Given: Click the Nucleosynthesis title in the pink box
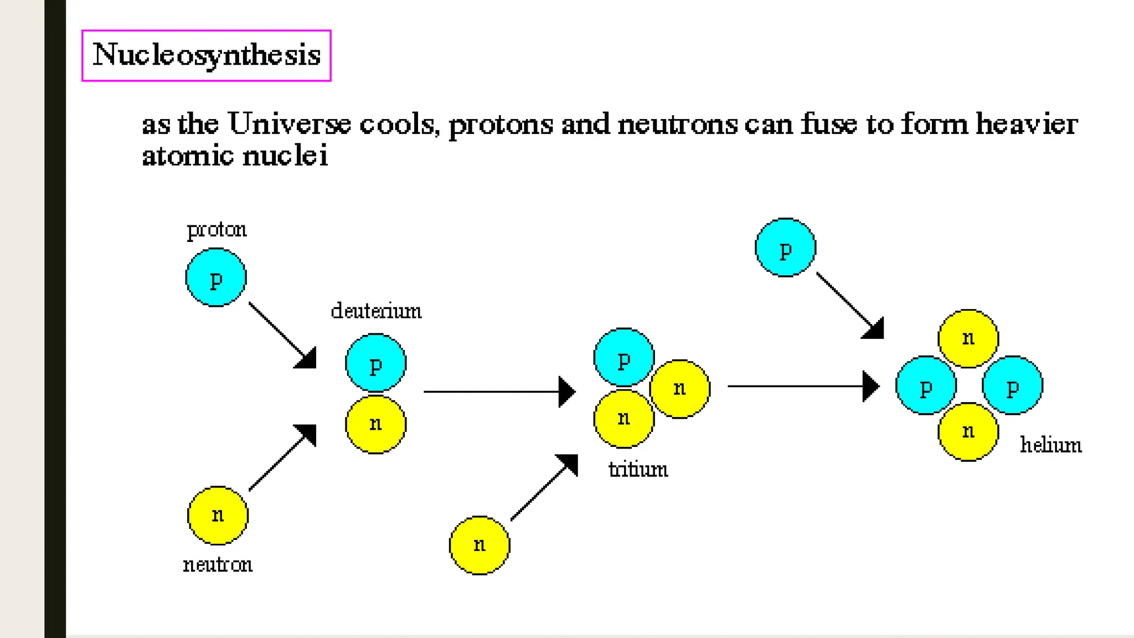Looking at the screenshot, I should pos(206,55).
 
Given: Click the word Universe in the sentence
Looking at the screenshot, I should pos(288,124).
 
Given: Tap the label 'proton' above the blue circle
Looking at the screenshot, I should pos(217,229).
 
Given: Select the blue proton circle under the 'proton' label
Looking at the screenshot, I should pos(216,277).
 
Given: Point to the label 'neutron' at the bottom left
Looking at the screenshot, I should pos(218,564).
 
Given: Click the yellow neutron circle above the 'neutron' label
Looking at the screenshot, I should pos(218,516).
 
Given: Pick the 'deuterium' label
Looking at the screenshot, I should pos(376,311).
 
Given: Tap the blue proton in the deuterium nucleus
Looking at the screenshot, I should pos(375,363).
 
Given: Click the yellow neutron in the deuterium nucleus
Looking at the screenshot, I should pos(375,424).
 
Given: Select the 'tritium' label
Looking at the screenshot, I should pos(638,470).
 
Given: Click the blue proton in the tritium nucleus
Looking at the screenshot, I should pos(623,357).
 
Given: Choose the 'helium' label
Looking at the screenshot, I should pos(1050,445).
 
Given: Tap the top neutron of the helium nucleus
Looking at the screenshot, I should pos(968,338).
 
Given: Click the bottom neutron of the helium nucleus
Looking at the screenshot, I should pos(968,431).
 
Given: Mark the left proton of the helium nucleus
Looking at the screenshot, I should pos(926,385).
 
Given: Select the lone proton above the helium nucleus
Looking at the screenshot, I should pos(785,248).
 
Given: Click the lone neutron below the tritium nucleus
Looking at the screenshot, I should pos(480,546).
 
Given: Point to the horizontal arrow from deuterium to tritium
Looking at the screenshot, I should pos(498,392).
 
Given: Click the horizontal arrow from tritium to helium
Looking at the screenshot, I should pos(803,386).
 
